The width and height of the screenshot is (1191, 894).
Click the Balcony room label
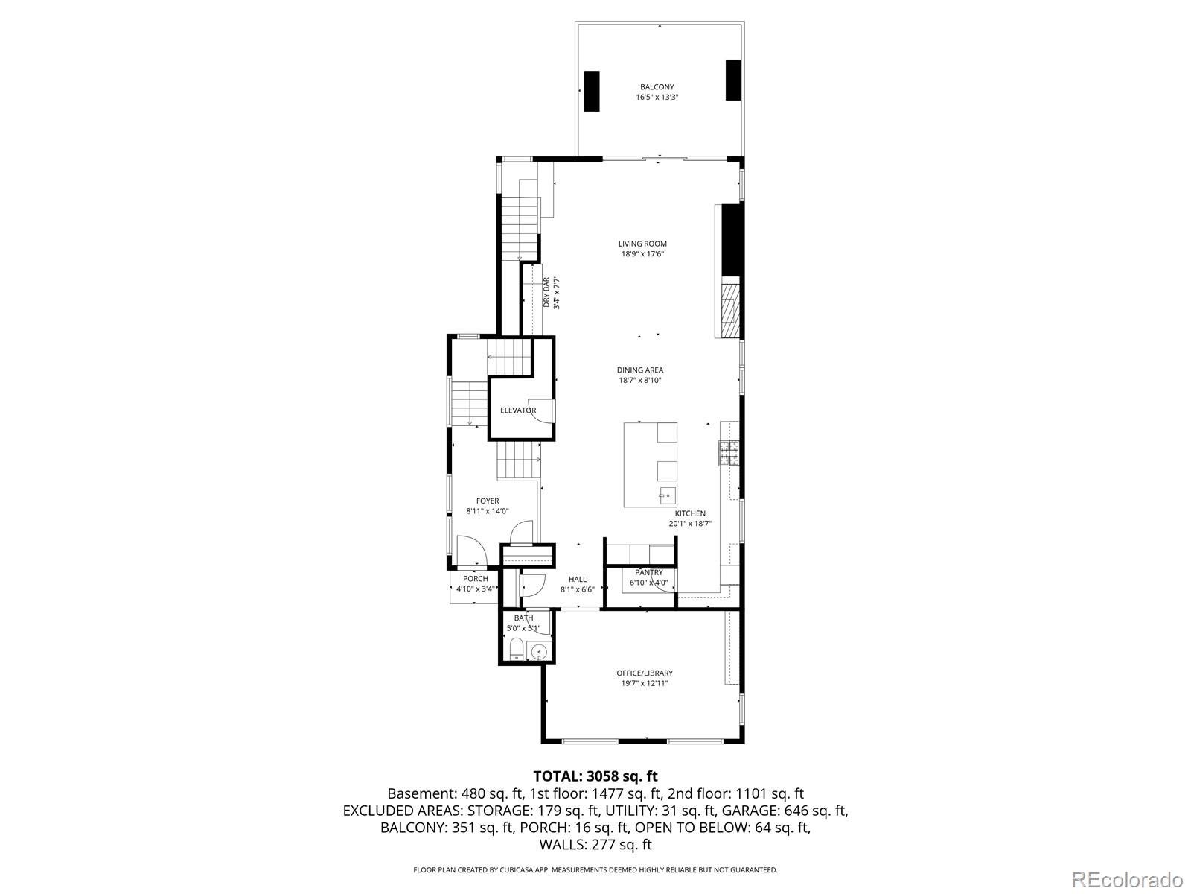pyautogui.click(x=657, y=87)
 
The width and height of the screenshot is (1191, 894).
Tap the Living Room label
pyautogui.click(x=642, y=244)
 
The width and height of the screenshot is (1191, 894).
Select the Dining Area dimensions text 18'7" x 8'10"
pyautogui.click(x=639, y=381)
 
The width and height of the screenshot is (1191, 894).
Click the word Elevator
pyautogui.click(x=518, y=410)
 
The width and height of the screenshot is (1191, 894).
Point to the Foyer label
pyautogui.click(x=488, y=501)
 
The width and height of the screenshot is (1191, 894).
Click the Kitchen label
pyautogui.click(x=690, y=513)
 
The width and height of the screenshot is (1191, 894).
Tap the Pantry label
pyautogui.click(x=649, y=573)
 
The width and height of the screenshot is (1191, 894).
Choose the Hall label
pyautogui.click(x=578, y=579)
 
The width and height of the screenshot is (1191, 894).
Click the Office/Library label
pyautogui.click(x=645, y=673)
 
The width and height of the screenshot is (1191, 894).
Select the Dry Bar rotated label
pyautogui.click(x=546, y=292)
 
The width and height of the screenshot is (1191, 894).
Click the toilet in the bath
pyautogui.click(x=517, y=649)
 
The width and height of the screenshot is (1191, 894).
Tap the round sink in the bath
pyautogui.click(x=540, y=651)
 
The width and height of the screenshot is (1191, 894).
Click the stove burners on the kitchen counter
pyautogui.click(x=729, y=453)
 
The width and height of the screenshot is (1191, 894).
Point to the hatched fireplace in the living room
pyautogui.click(x=730, y=307)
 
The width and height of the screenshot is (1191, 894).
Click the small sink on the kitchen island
pyautogui.click(x=667, y=495)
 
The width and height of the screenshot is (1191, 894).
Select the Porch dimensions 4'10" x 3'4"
pyautogui.click(x=476, y=589)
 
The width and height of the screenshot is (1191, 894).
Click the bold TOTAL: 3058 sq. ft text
pyautogui.click(x=595, y=776)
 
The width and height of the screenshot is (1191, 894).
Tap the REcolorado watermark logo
pyautogui.click(x=1128, y=878)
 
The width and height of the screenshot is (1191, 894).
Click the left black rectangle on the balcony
pyautogui.click(x=592, y=91)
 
